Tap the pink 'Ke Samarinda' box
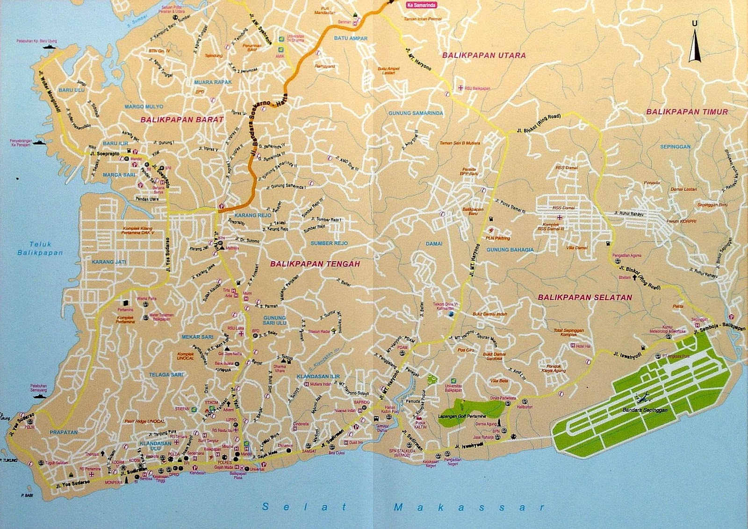click(x=421, y=5)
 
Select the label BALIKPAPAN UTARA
click(x=484, y=55)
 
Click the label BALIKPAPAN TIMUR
click(x=687, y=112)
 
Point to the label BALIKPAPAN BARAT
click(x=182, y=120)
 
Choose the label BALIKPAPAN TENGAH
click(x=315, y=264)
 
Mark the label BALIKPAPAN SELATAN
click(x=584, y=297)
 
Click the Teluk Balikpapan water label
click(x=40, y=248)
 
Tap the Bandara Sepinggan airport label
click(x=645, y=410)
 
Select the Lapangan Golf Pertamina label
click(x=462, y=416)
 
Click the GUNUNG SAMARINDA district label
click(x=416, y=113)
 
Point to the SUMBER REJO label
click(x=329, y=243)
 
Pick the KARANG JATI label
click(x=108, y=262)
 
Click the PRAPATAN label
click(x=64, y=432)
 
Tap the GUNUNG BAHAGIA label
click(x=510, y=250)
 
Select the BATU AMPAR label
click(x=351, y=38)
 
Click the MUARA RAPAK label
click(x=213, y=82)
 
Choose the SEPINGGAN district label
click(x=675, y=147)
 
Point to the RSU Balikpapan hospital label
click(x=477, y=88)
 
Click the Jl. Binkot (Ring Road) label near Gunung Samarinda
click(x=539, y=124)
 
